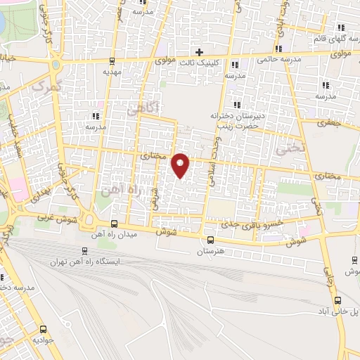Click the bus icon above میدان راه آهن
(x=115, y=224)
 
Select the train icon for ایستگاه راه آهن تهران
(x=85, y=251)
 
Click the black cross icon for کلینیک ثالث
(x=200, y=52)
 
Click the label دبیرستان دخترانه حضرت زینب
(x=235, y=120)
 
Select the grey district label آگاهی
(x=143, y=108)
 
